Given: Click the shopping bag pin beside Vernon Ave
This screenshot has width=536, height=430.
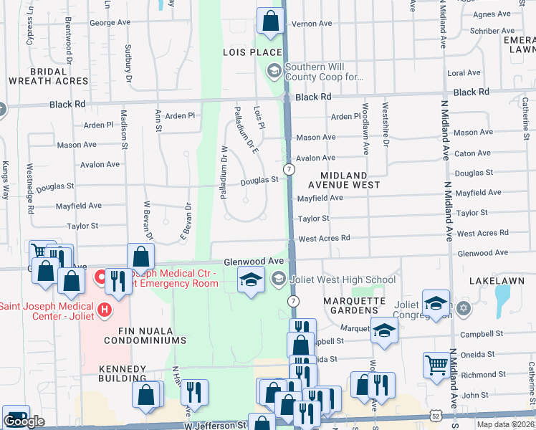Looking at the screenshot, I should (x=270, y=21).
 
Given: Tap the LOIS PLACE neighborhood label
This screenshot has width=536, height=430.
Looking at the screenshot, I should (x=252, y=53).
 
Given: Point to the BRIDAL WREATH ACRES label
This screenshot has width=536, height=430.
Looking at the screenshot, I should (x=49, y=77).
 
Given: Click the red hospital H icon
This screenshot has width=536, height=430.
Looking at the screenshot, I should (x=105, y=310).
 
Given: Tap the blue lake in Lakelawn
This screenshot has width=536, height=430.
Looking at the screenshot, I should (x=502, y=295).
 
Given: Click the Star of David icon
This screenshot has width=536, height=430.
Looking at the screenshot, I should (x=463, y=309).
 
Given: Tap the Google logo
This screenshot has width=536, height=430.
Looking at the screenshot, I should (x=24, y=422).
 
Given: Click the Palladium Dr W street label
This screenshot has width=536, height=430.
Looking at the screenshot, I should (x=224, y=172).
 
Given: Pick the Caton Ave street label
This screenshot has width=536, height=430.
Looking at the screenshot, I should (x=473, y=153).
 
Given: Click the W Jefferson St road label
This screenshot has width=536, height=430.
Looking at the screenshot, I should (x=215, y=425).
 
